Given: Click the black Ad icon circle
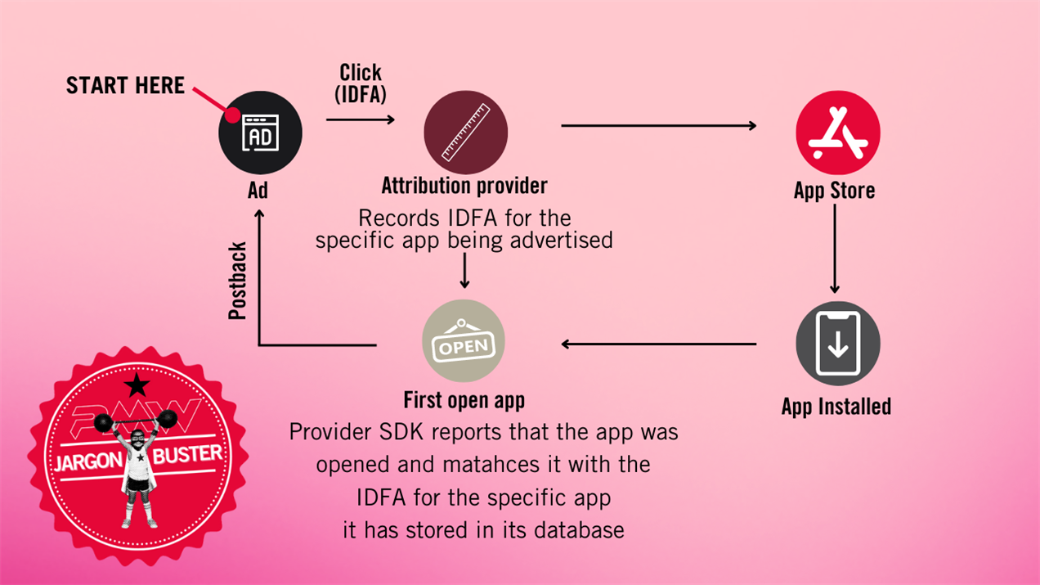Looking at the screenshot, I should [260, 133].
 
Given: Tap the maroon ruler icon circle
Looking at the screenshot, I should [465, 133].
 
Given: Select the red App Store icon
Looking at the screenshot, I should [837, 133].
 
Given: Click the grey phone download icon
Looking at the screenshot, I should [837, 343].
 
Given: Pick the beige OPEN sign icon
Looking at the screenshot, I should [464, 341].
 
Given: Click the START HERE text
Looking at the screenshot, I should [125, 86].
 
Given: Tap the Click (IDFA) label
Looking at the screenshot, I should [361, 83].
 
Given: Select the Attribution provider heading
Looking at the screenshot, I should [464, 186].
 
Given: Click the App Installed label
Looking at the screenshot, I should [836, 407].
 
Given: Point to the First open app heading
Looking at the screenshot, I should [464, 400].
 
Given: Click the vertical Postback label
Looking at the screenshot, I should [238, 281].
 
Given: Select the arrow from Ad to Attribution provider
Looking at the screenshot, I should [360, 119].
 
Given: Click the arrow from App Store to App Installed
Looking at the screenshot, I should [835, 249].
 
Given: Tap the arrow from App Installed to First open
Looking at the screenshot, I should [658, 344].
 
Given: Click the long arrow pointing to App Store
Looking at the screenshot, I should [658, 125].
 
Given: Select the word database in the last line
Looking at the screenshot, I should [579, 529].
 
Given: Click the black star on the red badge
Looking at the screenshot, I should [137, 385].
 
